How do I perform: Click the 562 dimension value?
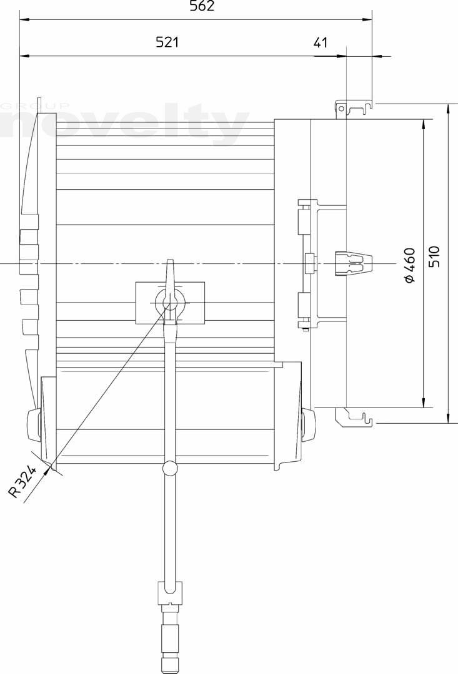(202, 6)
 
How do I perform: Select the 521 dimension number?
(167, 42)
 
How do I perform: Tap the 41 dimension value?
(321, 42)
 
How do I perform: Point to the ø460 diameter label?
(411, 265)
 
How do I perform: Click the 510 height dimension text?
(434, 256)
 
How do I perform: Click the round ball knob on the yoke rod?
(169, 467)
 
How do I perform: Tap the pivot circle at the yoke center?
(169, 302)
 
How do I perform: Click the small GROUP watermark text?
(34, 105)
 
